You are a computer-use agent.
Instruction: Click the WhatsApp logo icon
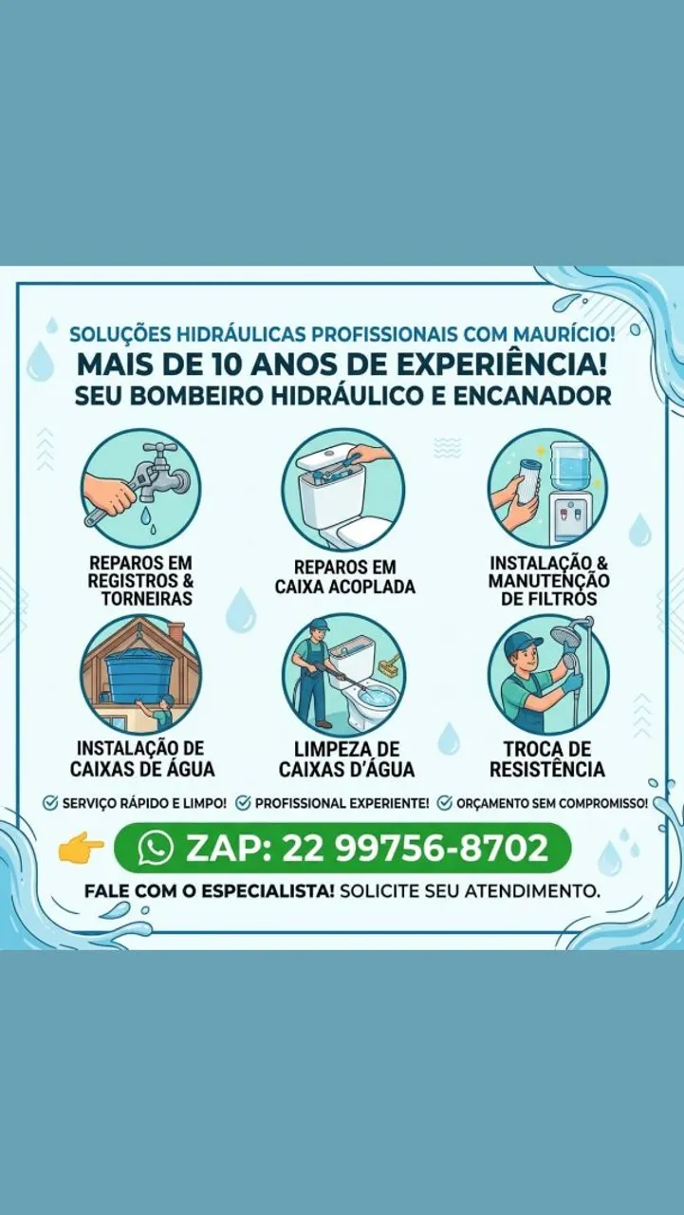pyautogui.click(x=156, y=848)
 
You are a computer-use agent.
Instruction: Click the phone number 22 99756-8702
pyautogui.click(x=414, y=848)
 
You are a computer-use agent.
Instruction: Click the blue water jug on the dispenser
pyautogui.click(x=568, y=468)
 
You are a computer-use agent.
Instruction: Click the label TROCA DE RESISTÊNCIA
pyautogui.click(x=546, y=758)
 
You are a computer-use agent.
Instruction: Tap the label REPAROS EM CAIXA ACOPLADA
pyautogui.click(x=344, y=577)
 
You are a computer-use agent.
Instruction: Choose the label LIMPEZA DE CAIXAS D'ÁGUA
pyautogui.click(x=346, y=758)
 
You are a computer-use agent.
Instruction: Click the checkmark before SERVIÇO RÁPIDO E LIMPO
pyautogui.click(x=50, y=803)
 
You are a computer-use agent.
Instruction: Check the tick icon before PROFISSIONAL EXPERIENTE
pyautogui.click(x=242, y=803)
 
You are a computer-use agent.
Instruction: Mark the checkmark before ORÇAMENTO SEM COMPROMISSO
pyautogui.click(x=444, y=803)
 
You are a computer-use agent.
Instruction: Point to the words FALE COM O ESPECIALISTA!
pyautogui.click(x=210, y=891)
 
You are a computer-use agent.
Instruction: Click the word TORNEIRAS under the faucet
pyautogui.click(x=146, y=599)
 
